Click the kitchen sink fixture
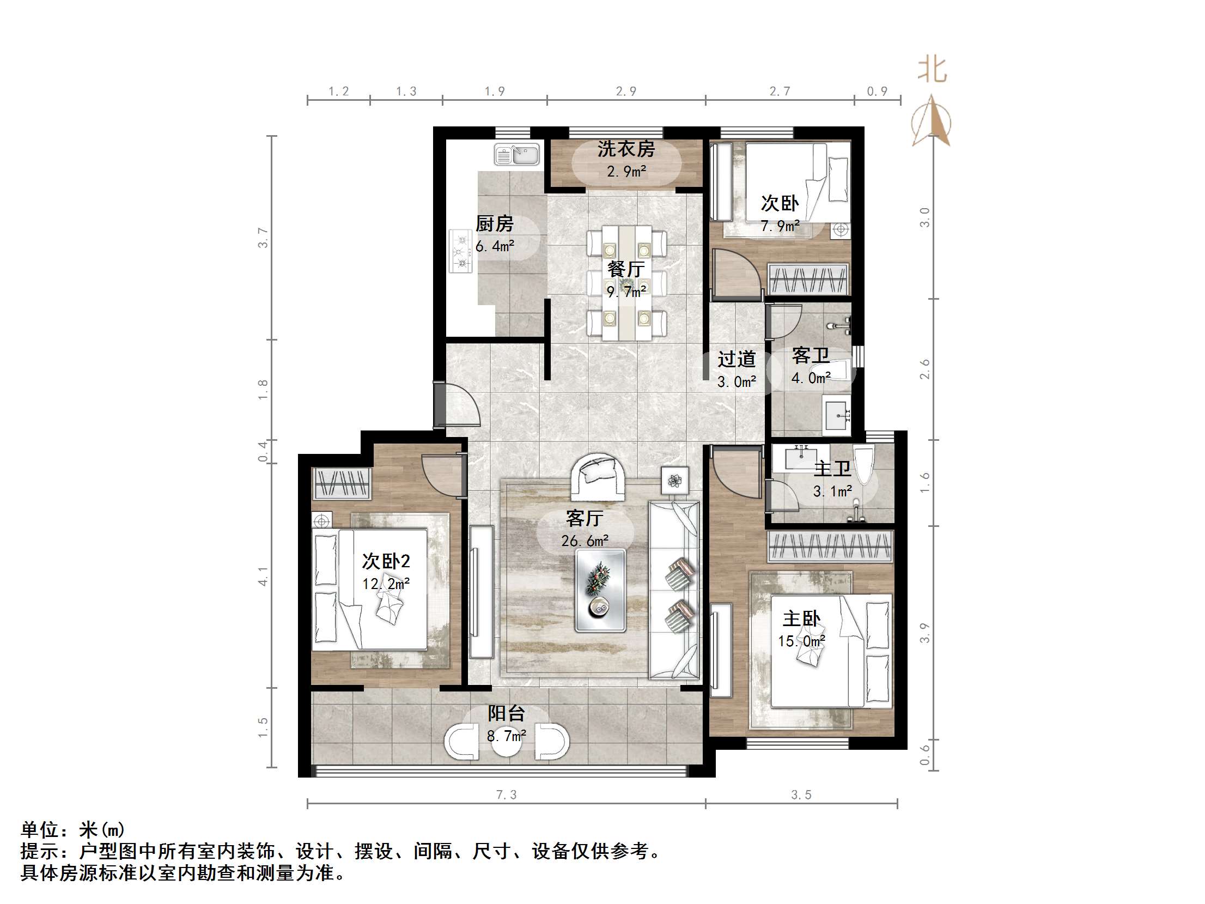[516, 154]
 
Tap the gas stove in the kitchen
[461, 251]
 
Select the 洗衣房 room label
[625, 149]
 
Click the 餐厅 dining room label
[626, 269]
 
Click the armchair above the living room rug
[598, 476]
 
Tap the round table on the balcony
[507, 741]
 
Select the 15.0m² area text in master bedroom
[801, 641]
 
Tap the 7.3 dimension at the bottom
[506, 795]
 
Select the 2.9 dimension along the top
[626, 92]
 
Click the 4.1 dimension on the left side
[263, 576]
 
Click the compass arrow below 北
[932, 123]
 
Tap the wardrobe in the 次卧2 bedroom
[342, 483]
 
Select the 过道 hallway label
[737, 359]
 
